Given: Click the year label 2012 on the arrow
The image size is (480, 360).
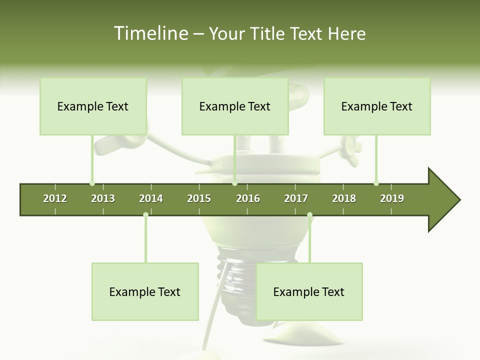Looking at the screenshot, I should [x=55, y=198].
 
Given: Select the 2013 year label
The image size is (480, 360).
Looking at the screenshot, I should [x=103, y=198].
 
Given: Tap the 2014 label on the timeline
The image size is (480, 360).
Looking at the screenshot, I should [x=151, y=198].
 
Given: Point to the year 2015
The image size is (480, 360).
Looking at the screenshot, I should [x=199, y=198].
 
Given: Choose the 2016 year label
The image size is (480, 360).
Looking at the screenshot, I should [x=248, y=198].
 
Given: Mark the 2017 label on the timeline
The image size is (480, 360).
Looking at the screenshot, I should [x=296, y=198].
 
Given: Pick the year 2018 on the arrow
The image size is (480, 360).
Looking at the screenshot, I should [x=344, y=198].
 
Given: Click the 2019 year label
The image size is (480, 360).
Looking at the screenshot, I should [x=392, y=198].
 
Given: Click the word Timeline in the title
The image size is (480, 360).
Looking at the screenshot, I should [x=149, y=33].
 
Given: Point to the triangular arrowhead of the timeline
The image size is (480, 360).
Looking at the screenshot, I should [x=442, y=200].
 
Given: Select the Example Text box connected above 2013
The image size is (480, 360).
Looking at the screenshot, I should [x=93, y=106].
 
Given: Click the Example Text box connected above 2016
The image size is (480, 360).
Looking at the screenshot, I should [x=235, y=106].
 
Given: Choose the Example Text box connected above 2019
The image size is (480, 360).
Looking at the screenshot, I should [x=377, y=106].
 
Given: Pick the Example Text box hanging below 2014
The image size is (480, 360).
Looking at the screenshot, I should [x=145, y=291].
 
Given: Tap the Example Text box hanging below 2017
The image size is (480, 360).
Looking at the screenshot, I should [x=309, y=291].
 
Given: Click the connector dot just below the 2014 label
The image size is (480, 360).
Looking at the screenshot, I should [x=145, y=215].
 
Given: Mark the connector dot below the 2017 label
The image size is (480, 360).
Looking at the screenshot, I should [x=309, y=215].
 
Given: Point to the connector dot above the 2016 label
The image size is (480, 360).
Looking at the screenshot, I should [x=234, y=183].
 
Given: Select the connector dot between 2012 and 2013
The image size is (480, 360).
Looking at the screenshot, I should [x=92, y=183].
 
